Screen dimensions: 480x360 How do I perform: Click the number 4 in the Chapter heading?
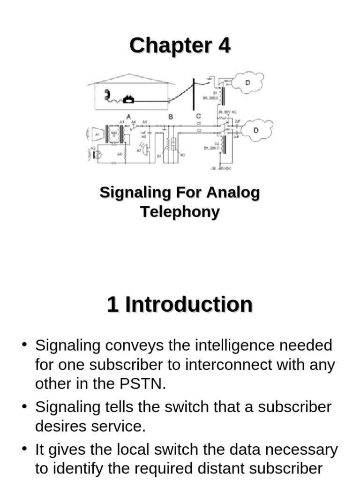[224, 46]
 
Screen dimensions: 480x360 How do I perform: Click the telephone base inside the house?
[128, 99]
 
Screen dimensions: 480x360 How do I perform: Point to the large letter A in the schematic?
[128, 116]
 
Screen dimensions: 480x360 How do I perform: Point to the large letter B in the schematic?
[171, 116]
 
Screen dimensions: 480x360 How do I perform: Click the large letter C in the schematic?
[198, 116]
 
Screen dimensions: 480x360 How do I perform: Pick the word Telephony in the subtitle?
[180, 212]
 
